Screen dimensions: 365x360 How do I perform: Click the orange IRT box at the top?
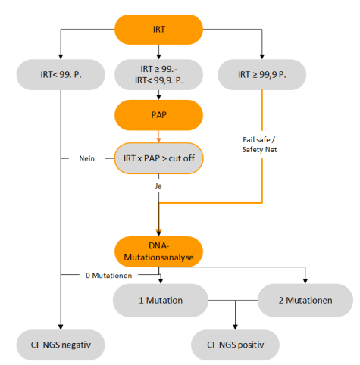[158, 29]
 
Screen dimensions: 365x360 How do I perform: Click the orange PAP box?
[158, 117]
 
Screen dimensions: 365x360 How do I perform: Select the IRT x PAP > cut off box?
[158, 158]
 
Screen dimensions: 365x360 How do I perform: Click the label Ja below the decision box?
[158, 184]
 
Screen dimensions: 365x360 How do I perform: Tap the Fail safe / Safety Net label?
[261, 143]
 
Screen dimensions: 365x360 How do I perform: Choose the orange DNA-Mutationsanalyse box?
[158, 251]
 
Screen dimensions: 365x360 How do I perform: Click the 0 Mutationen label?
[108, 274]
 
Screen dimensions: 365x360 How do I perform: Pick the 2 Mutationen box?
[305, 300]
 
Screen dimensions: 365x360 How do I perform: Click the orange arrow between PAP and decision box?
[158, 136]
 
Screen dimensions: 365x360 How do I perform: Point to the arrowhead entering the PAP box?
[158, 98]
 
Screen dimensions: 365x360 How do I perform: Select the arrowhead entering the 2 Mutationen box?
[305, 281]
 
